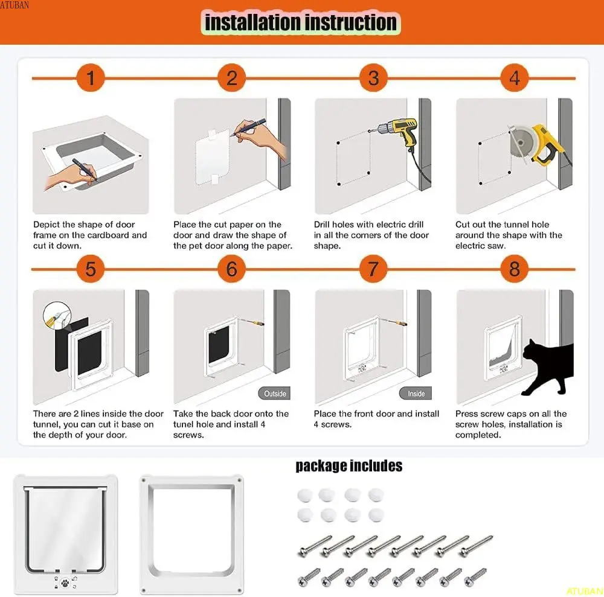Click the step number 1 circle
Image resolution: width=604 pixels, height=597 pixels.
(x=91, y=78)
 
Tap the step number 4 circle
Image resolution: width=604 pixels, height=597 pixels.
(x=514, y=78)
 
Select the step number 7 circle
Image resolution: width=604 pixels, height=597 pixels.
(x=373, y=269)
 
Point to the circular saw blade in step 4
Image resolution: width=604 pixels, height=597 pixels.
(x=521, y=143)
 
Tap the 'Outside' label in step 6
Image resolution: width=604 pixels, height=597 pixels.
(x=275, y=394)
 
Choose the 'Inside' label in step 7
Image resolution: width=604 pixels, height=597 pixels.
(x=416, y=394)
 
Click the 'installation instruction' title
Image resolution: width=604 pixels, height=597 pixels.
(x=300, y=22)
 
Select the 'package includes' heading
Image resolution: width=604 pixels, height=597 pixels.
(x=349, y=466)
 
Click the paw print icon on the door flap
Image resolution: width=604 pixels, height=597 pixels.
(x=65, y=583)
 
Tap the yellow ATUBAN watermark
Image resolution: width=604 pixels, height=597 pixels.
(x=584, y=591)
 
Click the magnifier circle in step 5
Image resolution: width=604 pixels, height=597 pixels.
(x=57, y=316)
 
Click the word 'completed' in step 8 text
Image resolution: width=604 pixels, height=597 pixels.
(x=478, y=435)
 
